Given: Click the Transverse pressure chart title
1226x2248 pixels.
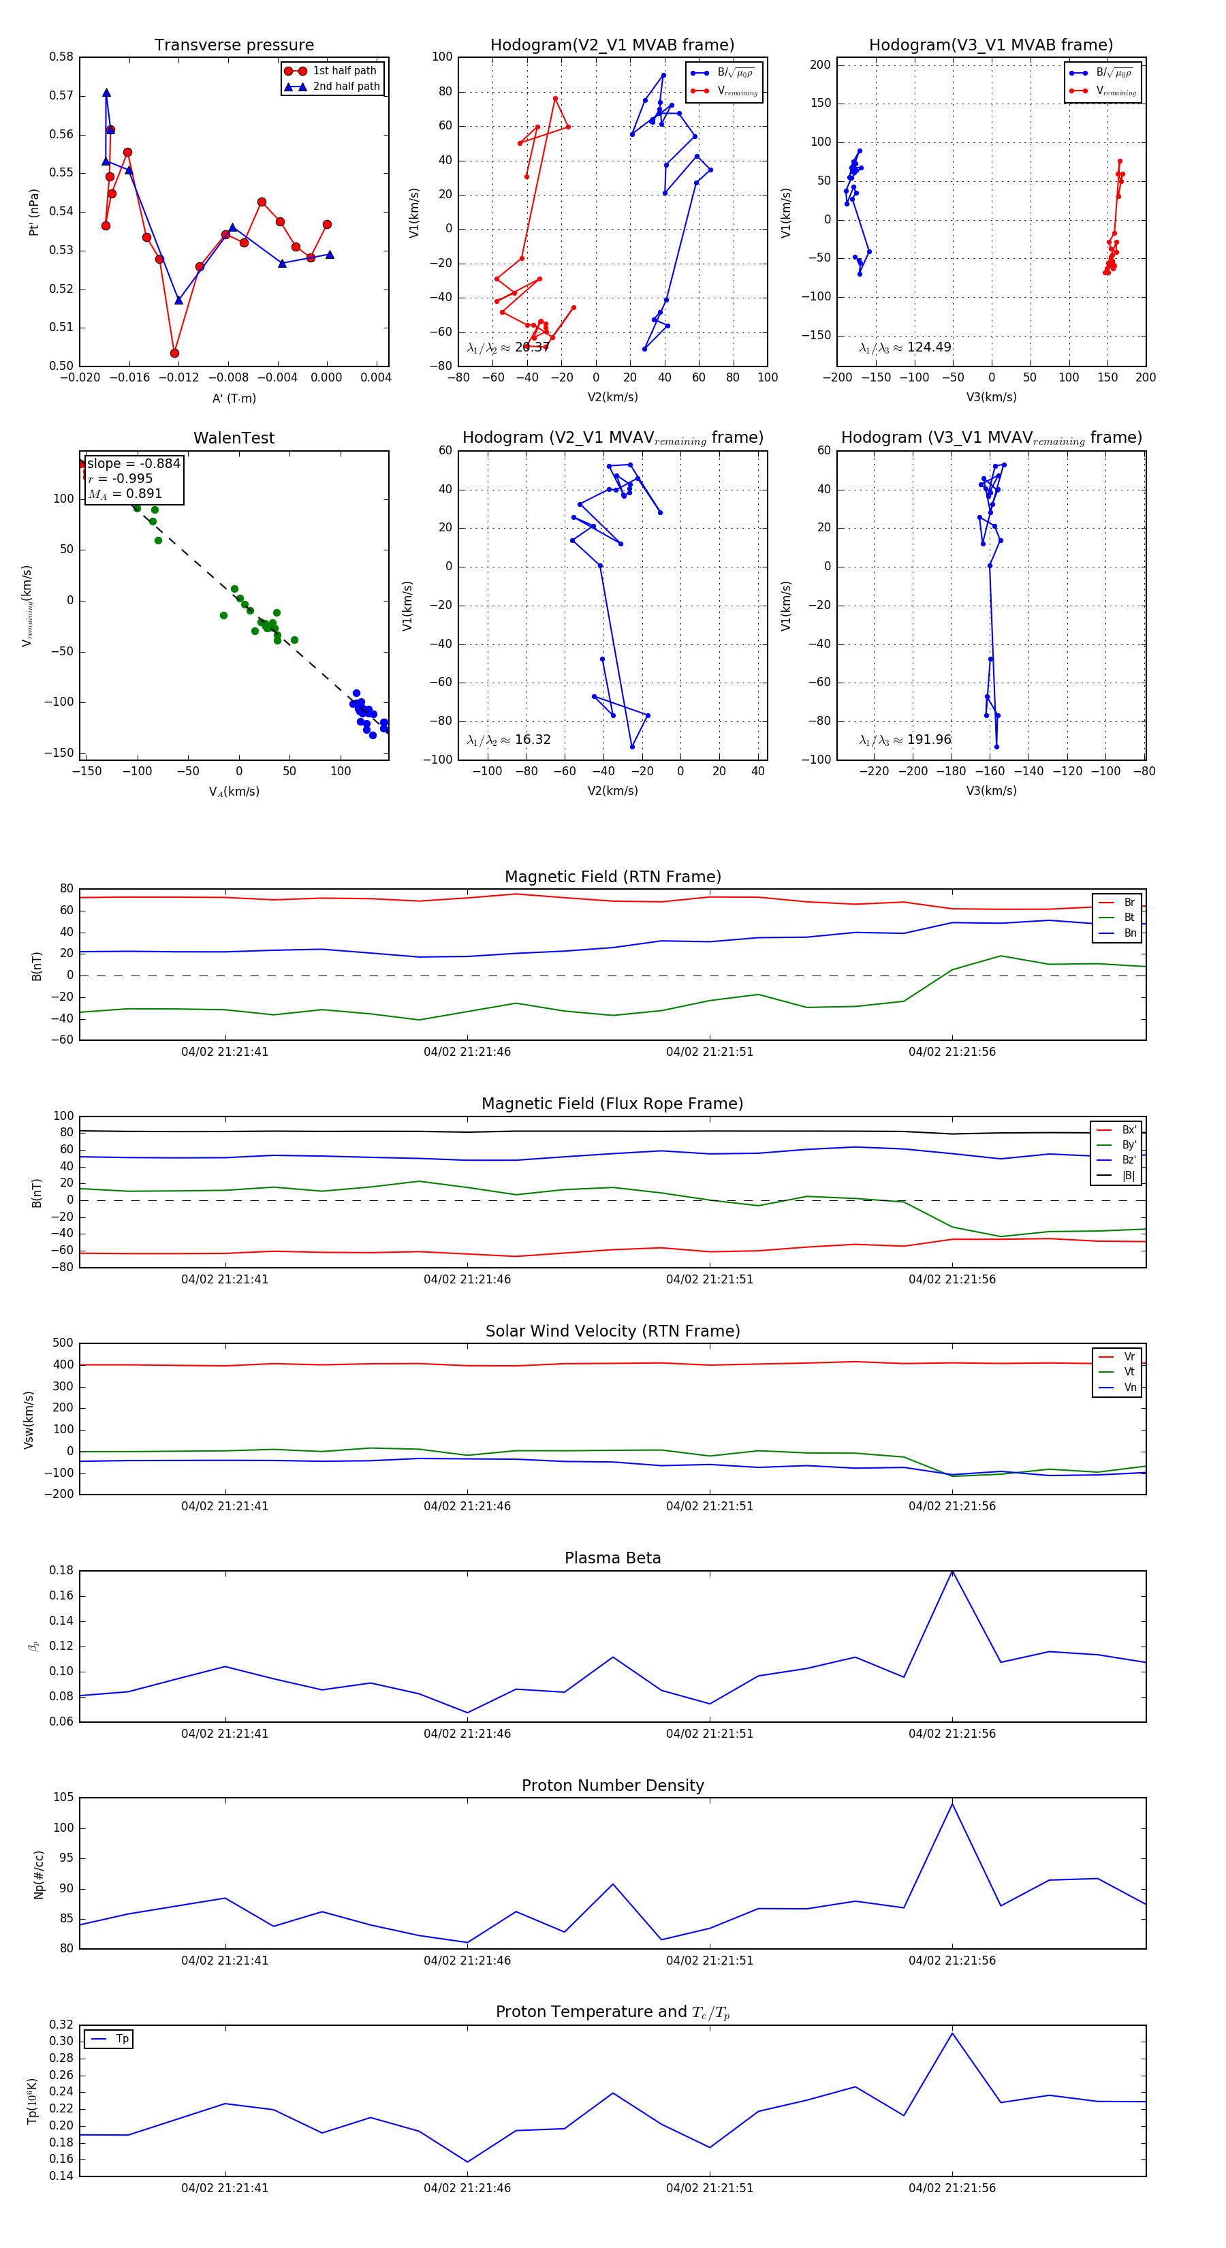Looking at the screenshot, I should pyautogui.click(x=234, y=46).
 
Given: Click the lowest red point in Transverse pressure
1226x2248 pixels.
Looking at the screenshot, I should pyautogui.click(x=174, y=354).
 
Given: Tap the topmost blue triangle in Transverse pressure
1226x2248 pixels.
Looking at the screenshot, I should pyautogui.click(x=106, y=93).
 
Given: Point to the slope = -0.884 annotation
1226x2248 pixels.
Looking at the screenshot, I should pyautogui.click(x=133, y=463).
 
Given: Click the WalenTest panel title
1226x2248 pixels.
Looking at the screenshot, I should pyautogui.click(x=234, y=438).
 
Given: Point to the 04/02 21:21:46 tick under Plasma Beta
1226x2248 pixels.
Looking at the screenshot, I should pyautogui.click(x=467, y=1733).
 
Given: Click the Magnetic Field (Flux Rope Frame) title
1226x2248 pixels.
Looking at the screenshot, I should pyautogui.click(x=612, y=1104).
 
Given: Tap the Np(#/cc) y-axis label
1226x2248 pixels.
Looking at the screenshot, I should pyautogui.click(x=38, y=1875).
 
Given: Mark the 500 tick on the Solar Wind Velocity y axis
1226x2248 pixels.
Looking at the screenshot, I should pyautogui.click(x=63, y=1343).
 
